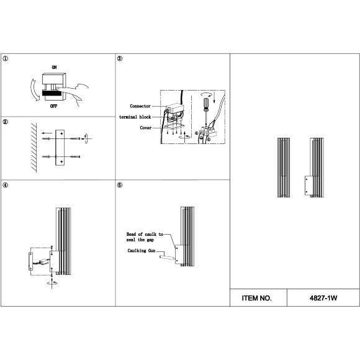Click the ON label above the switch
(54, 67)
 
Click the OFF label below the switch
(54, 106)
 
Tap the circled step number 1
(6, 58)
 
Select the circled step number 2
(6, 122)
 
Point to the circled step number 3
(120, 58)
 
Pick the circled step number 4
(6, 185)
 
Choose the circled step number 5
(120, 185)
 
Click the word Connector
(140, 106)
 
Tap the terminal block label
(135, 117)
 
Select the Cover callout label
(146, 128)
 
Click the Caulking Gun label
(142, 251)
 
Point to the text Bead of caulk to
(145, 234)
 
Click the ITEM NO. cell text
(256, 298)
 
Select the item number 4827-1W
(323, 298)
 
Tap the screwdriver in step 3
(207, 111)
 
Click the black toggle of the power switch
(52, 92)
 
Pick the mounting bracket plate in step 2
(60, 148)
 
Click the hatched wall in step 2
(34, 148)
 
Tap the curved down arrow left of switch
(34, 90)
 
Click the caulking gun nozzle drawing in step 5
(167, 257)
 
